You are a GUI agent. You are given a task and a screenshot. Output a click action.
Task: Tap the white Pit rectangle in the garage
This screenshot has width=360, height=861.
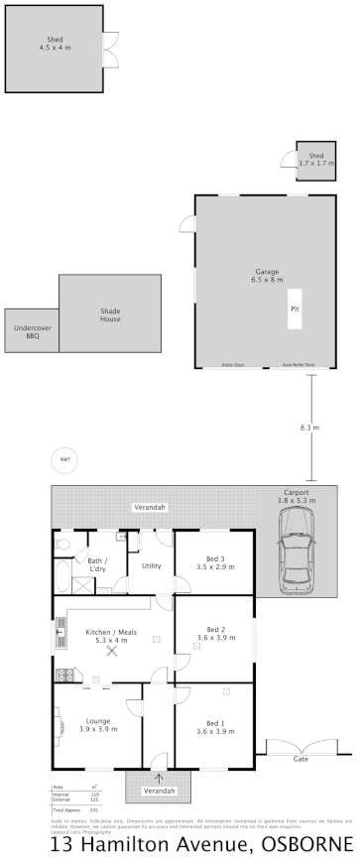pos(295,308)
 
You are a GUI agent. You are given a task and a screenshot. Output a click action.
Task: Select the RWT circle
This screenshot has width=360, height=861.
pos(65,459)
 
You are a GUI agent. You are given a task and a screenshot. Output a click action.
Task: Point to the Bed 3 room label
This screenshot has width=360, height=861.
pos(214,563)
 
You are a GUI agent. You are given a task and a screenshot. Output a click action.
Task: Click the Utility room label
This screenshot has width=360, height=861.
pos(152,565)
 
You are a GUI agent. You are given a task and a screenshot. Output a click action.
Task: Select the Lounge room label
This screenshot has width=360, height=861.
pos(97,725)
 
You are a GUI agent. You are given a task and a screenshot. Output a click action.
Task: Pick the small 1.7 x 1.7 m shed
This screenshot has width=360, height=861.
pos(315,160)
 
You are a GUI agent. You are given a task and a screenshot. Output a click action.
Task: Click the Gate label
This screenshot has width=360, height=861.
pos(299,758)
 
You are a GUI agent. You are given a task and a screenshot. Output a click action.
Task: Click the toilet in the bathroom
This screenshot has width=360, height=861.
pos(62,545)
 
